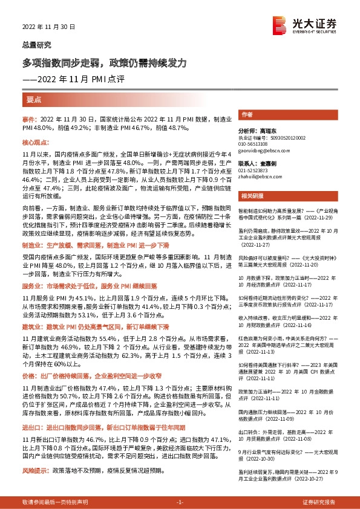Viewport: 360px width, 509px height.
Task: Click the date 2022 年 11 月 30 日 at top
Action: (x=48, y=27)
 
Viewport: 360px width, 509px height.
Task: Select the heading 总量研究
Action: (x=37, y=45)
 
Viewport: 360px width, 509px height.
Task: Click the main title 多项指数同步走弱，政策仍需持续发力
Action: (x=108, y=63)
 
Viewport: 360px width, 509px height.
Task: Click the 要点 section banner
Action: (x=34, y=99)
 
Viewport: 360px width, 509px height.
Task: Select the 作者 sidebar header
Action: (x=247, y=114)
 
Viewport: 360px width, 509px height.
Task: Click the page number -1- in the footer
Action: (x=180, y=502)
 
